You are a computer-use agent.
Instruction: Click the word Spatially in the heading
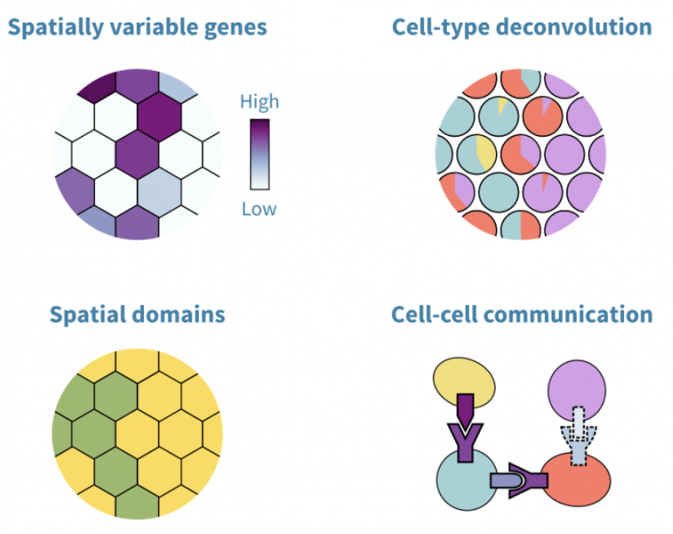point(56,28)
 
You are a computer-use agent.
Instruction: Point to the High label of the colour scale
point(259,102)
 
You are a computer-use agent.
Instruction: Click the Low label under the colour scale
point(259,209)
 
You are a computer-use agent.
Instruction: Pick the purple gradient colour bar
point(260,154)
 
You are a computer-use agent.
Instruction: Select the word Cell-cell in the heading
point(435,315)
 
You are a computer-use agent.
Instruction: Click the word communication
point(568,315)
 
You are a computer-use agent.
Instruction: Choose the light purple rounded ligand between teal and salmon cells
point(507,481)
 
